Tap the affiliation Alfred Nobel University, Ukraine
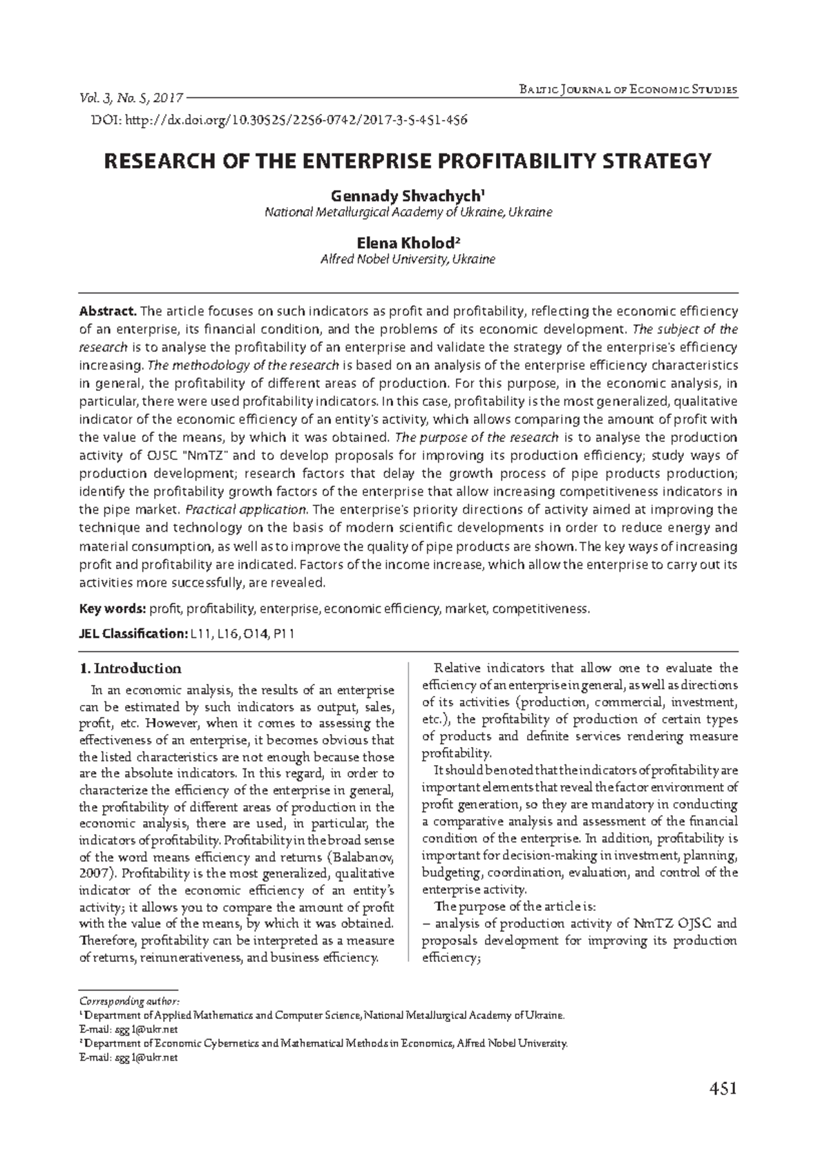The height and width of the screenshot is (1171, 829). pyautogui.click(x=408, y=260)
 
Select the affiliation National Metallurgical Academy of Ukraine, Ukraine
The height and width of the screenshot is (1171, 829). pyautogui.click(x=408, y=213)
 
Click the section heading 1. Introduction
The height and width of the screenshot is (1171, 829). pyautogui.click(x=131, y=668)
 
